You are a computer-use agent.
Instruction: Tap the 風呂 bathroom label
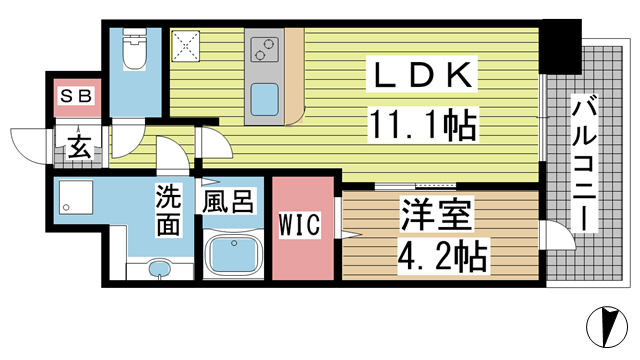tap(227, 202)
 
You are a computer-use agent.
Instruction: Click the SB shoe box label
tap(76, 98)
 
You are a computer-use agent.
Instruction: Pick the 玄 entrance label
tap(80, 148)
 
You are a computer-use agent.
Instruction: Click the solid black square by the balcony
tap(562, 46)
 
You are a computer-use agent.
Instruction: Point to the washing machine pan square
tap(76, 201)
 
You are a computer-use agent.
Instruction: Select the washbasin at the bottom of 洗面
tap(159, 268)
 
